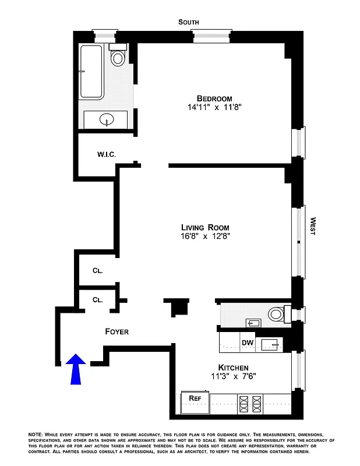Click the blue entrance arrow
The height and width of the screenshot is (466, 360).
[76, 370]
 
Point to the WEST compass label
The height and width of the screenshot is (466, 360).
[313, 225]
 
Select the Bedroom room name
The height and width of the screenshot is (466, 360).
[214, 98]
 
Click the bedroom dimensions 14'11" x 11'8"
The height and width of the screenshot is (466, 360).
[214, 108]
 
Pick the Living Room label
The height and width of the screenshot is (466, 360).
[204, 227]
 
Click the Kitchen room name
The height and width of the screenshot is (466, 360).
[233, 368]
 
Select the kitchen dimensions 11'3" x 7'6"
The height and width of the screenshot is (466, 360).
[233, 377]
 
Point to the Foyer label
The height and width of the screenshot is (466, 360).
[117, 331]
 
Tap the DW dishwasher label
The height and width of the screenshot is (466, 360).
[248, 343]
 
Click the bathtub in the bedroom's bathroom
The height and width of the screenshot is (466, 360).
[92, 72]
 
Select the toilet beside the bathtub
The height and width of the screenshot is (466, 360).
[119, 57]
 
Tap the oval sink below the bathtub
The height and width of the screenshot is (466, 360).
[107, 121]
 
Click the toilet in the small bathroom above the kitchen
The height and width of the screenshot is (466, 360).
[276, 315]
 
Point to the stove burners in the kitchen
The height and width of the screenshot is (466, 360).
[249, 404]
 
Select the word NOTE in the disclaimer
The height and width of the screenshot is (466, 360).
[37, 435]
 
